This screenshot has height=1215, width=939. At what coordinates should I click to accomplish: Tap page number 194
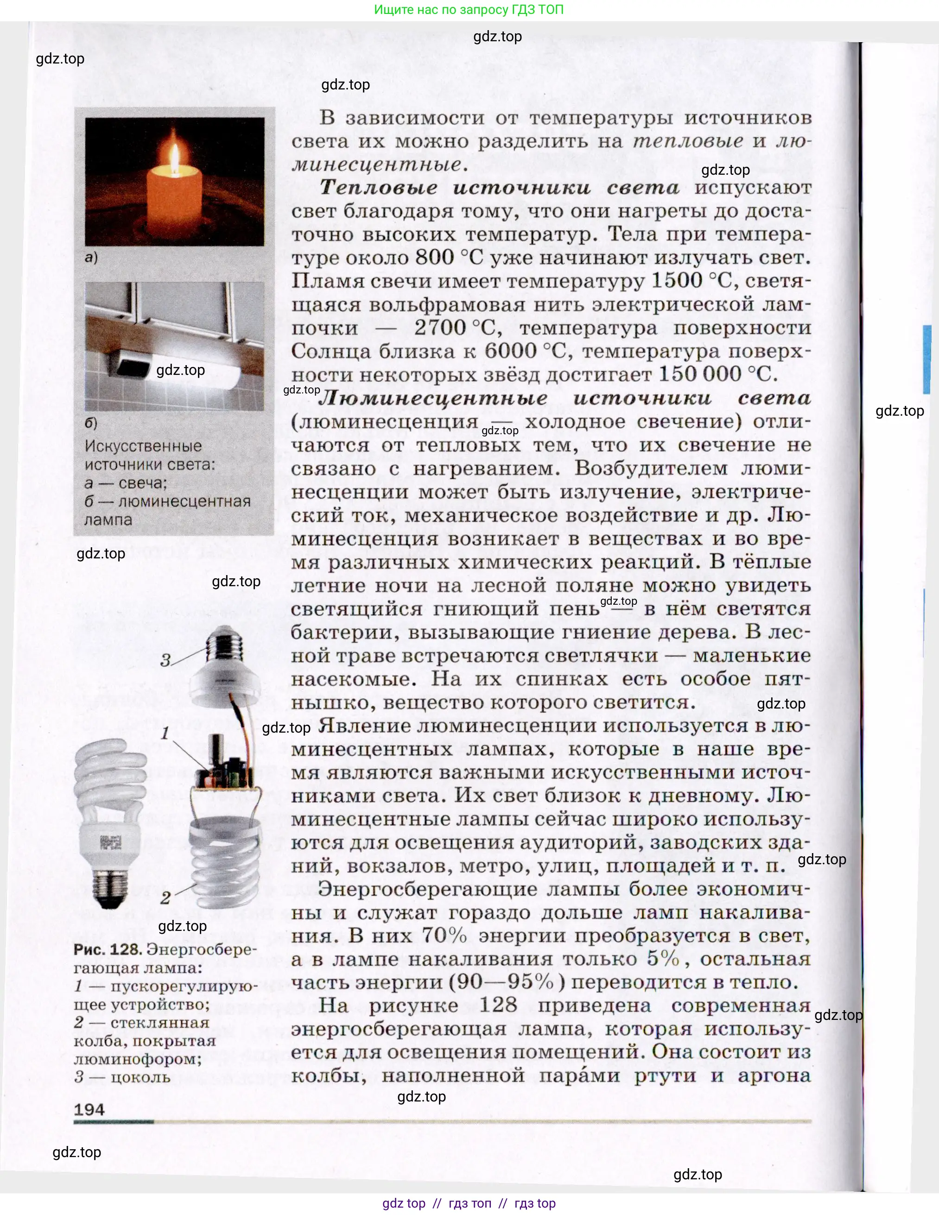(89, 1109)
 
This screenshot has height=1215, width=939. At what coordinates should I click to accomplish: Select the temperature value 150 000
(700, 374)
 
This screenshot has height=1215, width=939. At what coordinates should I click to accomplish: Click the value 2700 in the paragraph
(440, 328)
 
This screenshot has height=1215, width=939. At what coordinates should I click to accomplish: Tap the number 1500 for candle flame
(676, 280)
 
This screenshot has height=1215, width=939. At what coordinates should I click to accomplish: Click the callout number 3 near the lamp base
(165, 660)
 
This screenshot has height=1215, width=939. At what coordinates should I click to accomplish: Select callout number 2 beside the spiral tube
(165, 897)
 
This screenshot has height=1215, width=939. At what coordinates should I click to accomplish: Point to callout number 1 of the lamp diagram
(165, 733)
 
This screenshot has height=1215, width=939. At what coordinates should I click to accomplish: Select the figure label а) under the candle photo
(91, 257)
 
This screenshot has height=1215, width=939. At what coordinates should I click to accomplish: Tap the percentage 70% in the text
(444, 936)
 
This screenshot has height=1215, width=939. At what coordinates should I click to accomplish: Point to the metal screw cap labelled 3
(225, 645)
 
